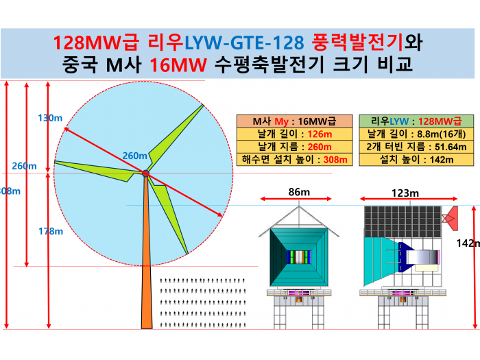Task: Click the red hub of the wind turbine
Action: point(145,173)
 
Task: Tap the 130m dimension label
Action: point(50,118)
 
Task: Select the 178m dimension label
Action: point(51,231)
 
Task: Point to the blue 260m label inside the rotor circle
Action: point(134,156)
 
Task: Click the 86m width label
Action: point(299,192)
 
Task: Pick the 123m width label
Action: point(405,193)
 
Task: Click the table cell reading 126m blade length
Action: point(294,134)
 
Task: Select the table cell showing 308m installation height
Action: point(294,160)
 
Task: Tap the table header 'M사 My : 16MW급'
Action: point(294,121)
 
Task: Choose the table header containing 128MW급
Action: point(416,121)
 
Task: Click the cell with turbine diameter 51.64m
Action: point(416,147)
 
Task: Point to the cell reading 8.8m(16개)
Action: point(416,134)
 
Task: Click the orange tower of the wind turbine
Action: point(146,254)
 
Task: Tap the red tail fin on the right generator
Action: point(451,218)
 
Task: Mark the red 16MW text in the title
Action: point(178,65)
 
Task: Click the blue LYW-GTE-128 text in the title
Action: point(244,43)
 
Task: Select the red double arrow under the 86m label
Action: point(296,199)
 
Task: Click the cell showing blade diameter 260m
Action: point(294,147)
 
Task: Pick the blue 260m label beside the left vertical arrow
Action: point(24,166)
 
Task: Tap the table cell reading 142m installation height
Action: point(416,160)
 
